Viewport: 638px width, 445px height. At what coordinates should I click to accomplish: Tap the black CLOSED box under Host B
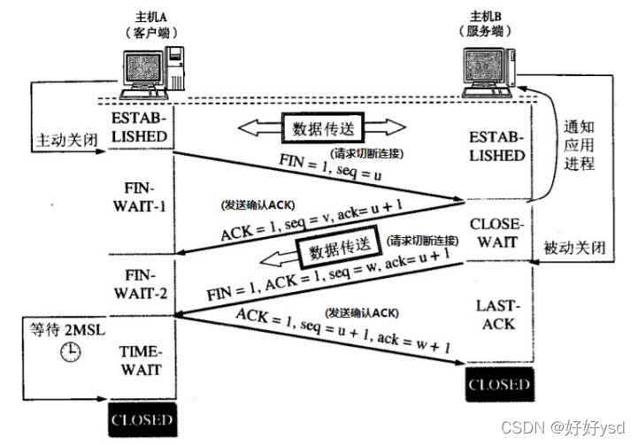pos(499,384)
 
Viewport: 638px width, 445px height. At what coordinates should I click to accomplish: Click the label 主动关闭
pos(65,140)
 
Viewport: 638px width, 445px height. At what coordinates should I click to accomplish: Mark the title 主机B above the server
pos(486,15)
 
